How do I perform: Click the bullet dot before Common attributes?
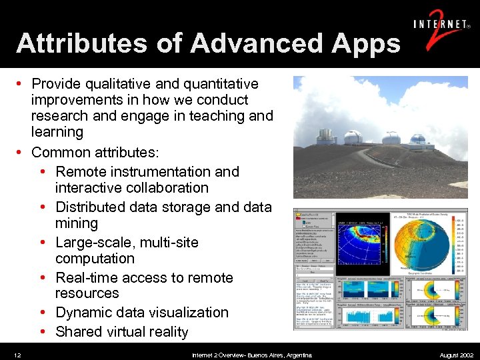coord(21,153)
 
